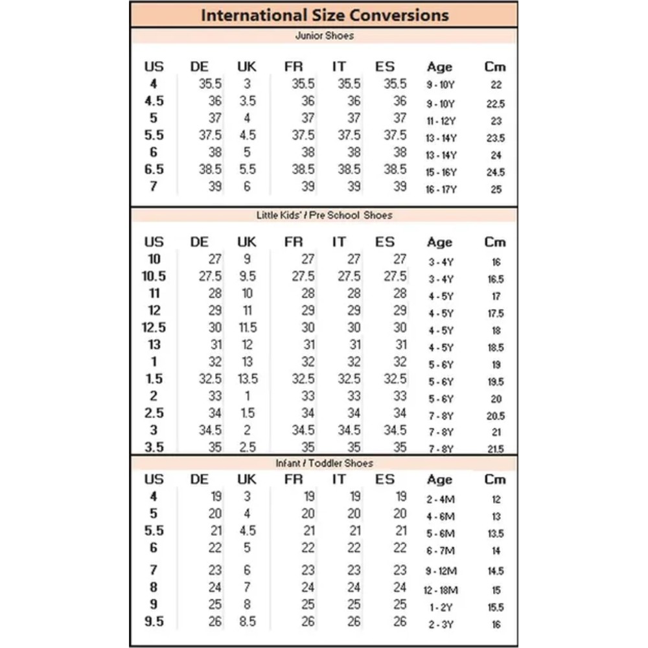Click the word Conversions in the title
[395, 15]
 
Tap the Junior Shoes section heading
[324, 36]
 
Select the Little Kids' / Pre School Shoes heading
[324, 214]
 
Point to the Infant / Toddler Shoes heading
[324, 463]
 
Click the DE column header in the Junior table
[200, 67]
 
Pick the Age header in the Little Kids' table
[439, 242]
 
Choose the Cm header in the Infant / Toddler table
[495, 480]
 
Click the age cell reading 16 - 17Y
[441, 190]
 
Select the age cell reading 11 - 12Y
[441, 121]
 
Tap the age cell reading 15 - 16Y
[441, 173]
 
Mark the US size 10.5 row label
[154, 276]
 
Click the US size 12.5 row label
[154, 327]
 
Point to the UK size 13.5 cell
[248, 379]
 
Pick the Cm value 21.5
[495, 449]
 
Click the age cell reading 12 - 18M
[441, 590]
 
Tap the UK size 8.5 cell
[247, 622]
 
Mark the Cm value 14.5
[495, 572]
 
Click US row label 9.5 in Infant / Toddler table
[154, 622]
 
